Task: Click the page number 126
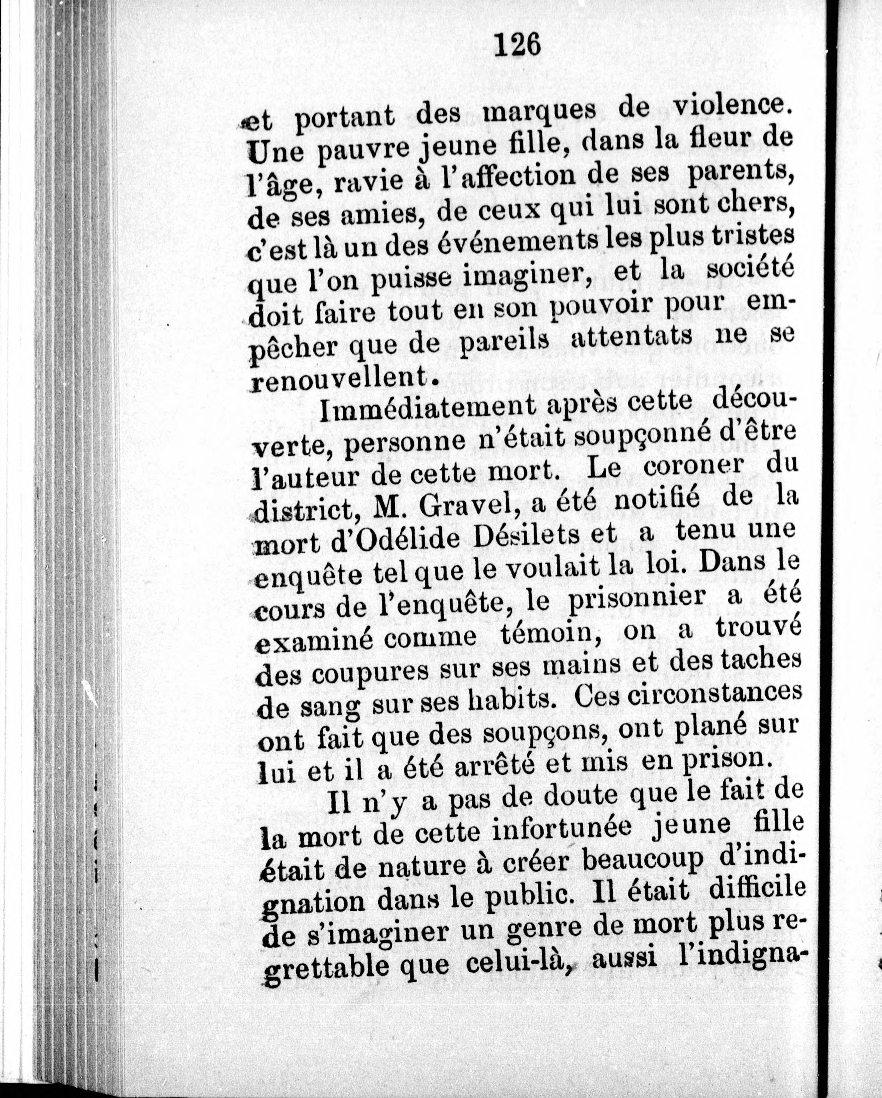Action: (516, 44)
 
